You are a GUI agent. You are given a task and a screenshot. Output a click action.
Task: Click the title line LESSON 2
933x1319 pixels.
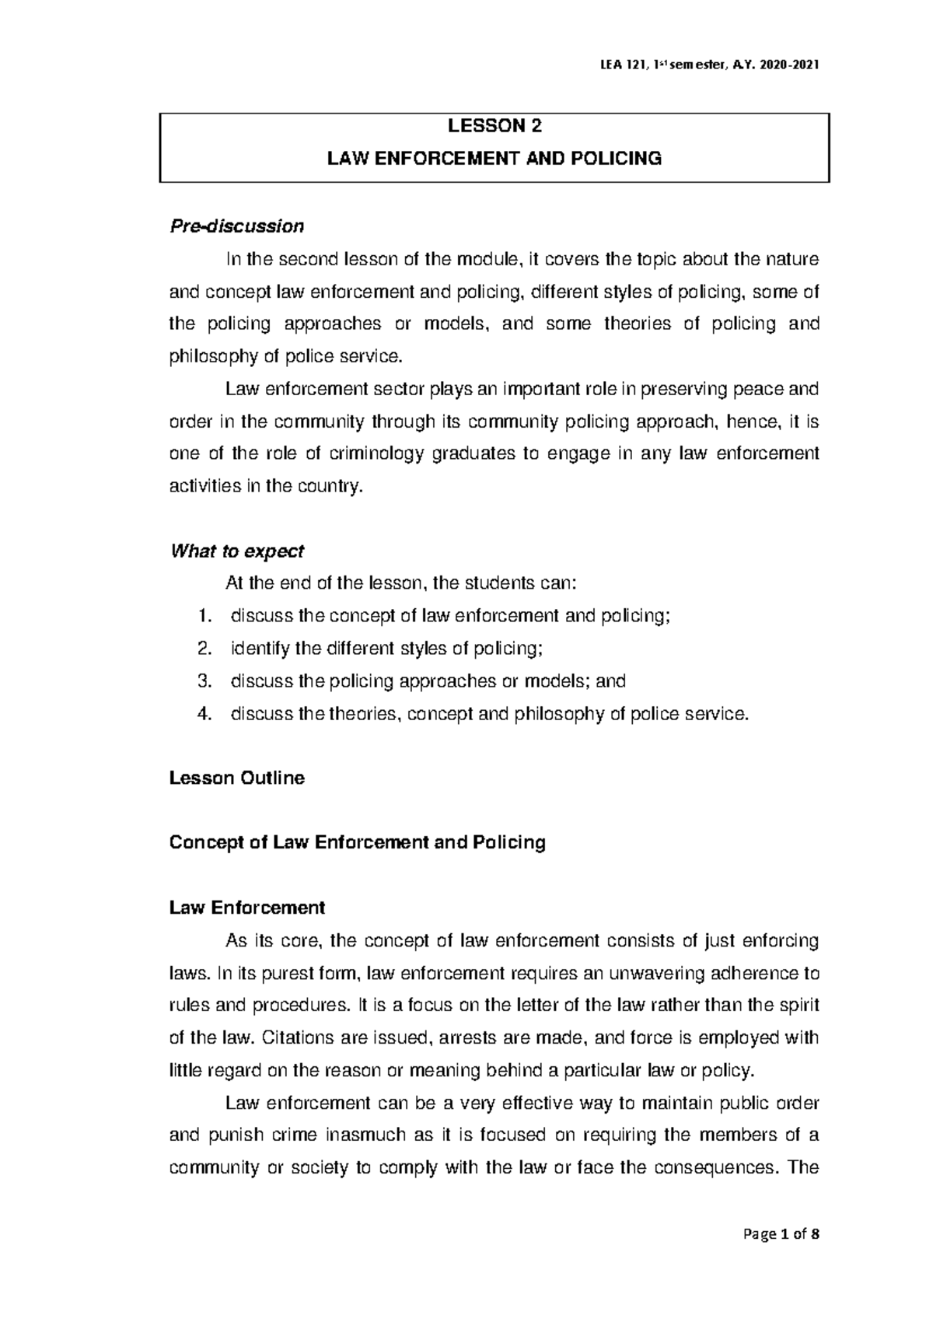(494, 126)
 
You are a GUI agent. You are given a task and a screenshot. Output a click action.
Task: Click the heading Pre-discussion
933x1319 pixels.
(236, 226)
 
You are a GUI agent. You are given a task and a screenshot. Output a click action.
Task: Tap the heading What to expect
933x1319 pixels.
(236, 551)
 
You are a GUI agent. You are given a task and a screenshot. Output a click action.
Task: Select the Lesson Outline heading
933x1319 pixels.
(236, 778)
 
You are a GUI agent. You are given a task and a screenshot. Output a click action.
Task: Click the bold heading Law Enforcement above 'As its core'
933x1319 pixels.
(246, 908)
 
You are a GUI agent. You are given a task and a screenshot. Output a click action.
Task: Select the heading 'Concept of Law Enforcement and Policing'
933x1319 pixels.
(357, 843)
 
